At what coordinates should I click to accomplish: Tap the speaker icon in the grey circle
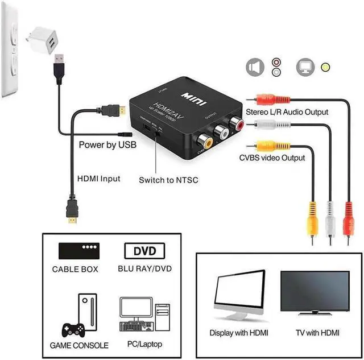coord(255,67)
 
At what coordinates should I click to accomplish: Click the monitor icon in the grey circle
coord(305,67)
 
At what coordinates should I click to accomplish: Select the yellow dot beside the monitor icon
coord(325,67)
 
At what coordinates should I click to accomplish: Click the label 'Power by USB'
coord(107,145)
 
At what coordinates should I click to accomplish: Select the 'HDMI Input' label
coord(98,179)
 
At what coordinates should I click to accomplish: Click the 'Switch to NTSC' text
coord(168,180)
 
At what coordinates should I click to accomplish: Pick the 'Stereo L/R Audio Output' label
coord(287,112)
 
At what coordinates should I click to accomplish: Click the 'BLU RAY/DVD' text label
coord(145,269)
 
